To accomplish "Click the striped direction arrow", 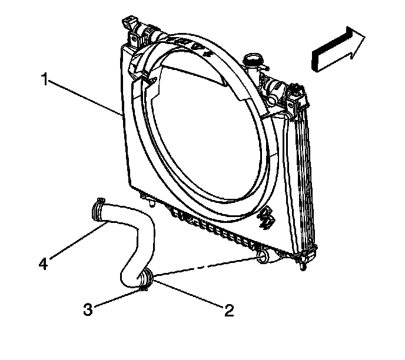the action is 339,49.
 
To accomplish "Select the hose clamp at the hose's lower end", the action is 147,278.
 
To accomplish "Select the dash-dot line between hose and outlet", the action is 206,265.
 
